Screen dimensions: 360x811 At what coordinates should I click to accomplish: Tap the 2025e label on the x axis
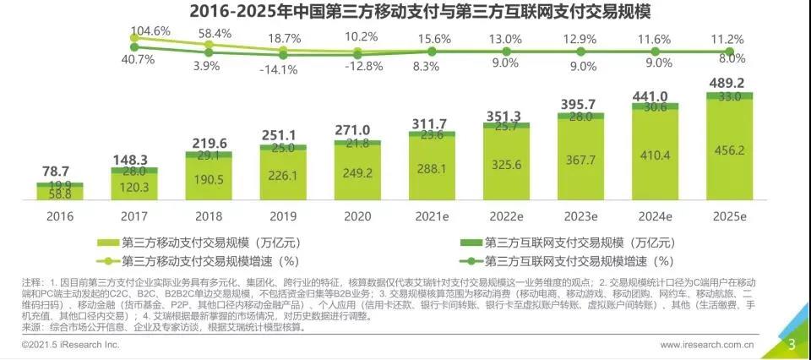pos(729,217)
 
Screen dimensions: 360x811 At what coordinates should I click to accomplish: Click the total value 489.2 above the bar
pos(728,83)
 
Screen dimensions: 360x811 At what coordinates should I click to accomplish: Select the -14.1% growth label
pos(282,69)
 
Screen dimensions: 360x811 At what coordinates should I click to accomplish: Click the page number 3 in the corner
pos(792,344)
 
